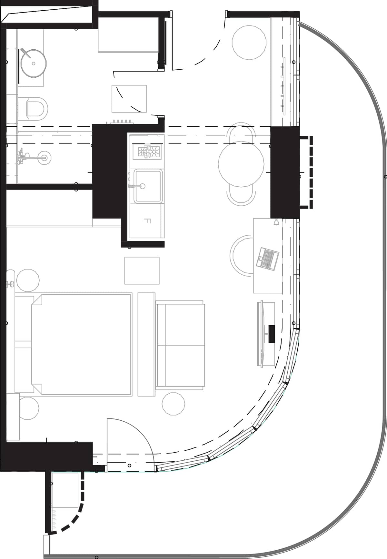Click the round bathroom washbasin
(x=34, y=63)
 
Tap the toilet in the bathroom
(x=36, y=108)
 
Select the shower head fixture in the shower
(x=44, y=158)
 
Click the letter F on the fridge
(x=147, y=221)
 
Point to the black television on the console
(x=272, y=334)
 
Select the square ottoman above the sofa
(x=142, y=270)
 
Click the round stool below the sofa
(x=174, y=404)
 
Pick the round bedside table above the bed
(x=28, y=280)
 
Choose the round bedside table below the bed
(x=28, y=408)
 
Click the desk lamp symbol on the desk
(x=276, y=222)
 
